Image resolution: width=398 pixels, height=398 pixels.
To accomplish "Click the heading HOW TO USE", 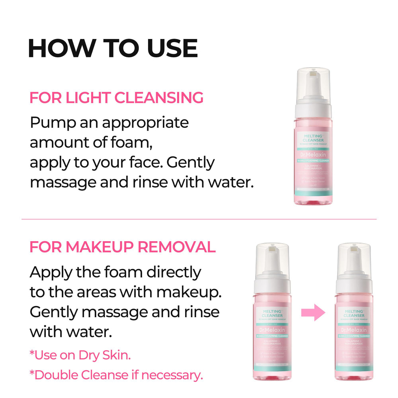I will [x=113, y=49].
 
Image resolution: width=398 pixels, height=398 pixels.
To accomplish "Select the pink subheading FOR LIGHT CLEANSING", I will [x=116, y=98].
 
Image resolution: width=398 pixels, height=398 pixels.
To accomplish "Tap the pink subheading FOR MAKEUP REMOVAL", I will [x=123, y=247].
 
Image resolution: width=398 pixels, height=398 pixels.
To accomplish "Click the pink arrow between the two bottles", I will [x=313, y=312].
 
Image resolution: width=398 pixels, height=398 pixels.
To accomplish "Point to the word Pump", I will [x=53, y=123].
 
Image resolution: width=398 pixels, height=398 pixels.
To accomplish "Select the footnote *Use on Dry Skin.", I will [x=80, y=355].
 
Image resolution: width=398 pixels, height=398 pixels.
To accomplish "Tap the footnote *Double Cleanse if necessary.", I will [x=116, y=375].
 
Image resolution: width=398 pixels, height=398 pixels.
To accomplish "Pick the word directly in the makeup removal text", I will [x=174, y=273].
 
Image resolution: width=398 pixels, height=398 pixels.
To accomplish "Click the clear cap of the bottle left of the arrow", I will [x=273, y=259].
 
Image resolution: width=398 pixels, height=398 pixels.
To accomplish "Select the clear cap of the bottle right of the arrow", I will [x=353, y=259].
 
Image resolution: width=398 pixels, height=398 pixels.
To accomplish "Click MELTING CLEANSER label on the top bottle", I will [x=313, y=138].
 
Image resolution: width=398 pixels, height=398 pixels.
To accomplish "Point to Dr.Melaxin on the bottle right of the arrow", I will [x=353, y=330].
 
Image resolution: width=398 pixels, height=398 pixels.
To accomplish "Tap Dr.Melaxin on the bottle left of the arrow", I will [x=273, y=330].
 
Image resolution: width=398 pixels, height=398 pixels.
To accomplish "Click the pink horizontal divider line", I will [x=199, y=219].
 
